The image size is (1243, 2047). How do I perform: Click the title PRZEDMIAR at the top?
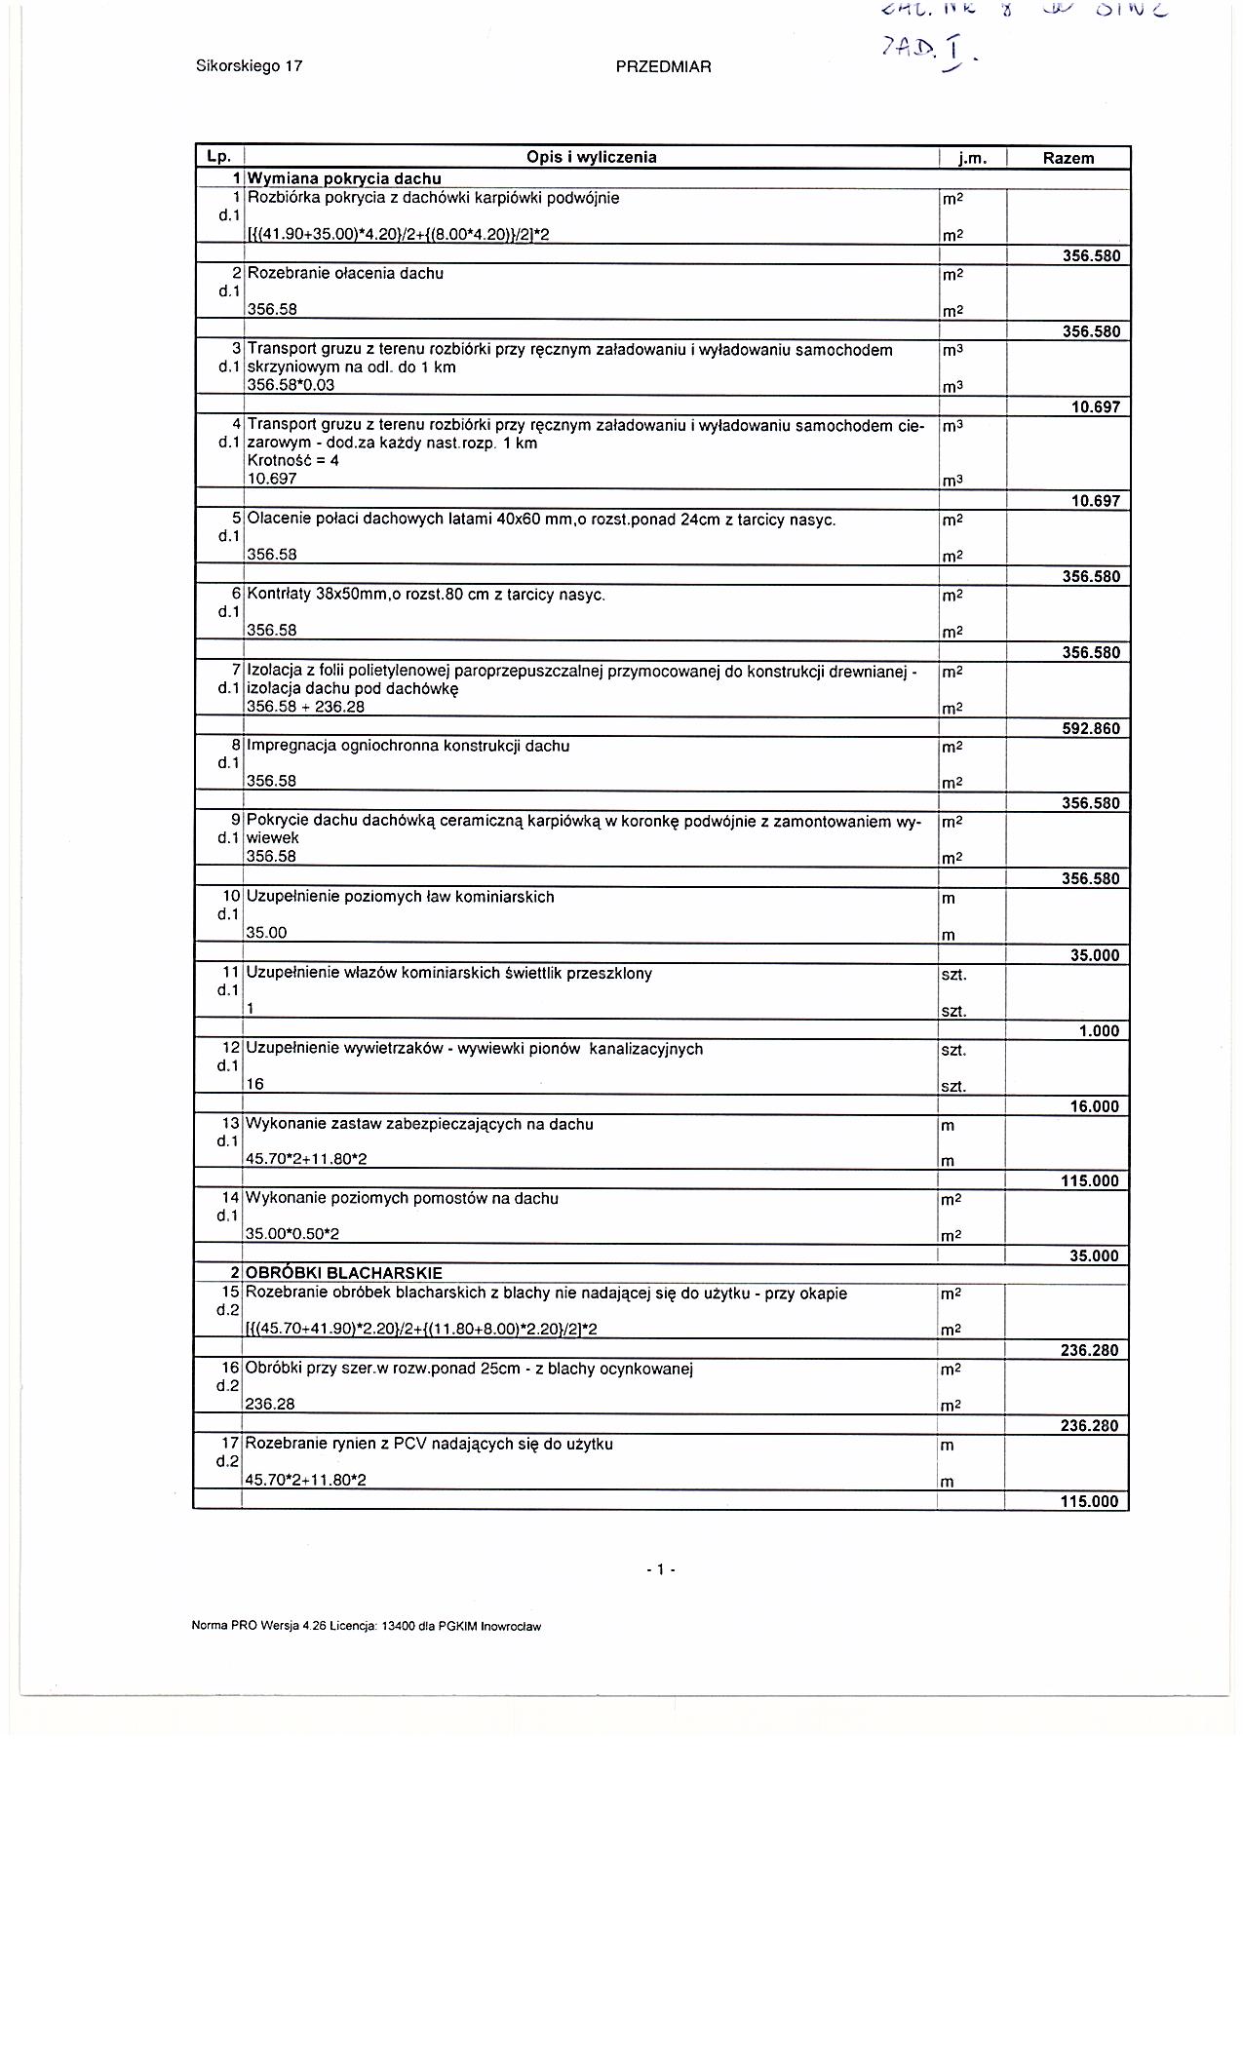[663, 67]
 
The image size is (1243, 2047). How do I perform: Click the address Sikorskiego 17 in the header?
[249, 66]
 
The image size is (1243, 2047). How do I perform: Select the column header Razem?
[1068, 158]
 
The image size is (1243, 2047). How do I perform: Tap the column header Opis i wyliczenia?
[591, 157]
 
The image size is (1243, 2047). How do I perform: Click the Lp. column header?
[217, 157]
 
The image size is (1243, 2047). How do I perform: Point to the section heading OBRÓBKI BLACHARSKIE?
[343, 1273]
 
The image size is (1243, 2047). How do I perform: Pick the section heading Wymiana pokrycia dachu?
[343, 178]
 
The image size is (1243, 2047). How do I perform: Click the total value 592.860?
[1091, 728]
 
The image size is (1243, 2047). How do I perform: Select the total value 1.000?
[1099, 1031]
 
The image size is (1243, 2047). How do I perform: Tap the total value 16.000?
[1095, 1106]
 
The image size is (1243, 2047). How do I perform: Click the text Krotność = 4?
[292, 460]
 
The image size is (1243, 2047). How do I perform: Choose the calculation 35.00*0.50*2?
[292, 1234]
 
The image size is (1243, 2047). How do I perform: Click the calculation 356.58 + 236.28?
[305, 707]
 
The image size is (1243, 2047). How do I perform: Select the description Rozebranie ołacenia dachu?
[345, 274]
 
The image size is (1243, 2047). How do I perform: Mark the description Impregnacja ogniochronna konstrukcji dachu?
[408, 747]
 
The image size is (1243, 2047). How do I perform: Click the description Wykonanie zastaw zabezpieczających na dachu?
[419, 1124]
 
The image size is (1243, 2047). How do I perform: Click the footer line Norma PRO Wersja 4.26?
[367, 1626]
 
